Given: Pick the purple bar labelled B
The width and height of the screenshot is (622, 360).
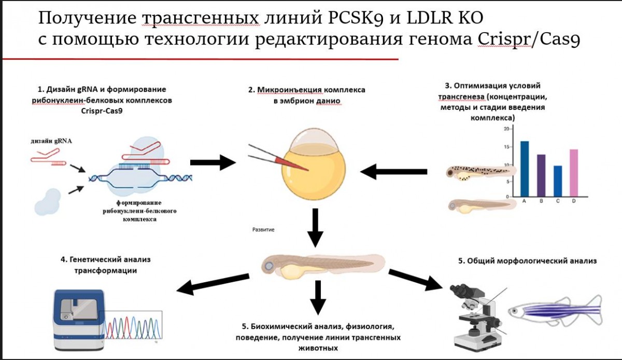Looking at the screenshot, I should point(541,175).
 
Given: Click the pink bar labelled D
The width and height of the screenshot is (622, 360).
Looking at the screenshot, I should point(573,173).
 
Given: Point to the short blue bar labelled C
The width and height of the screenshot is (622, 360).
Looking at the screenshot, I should point(558,181).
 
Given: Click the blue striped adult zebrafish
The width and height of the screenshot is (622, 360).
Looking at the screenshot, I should point(555,311).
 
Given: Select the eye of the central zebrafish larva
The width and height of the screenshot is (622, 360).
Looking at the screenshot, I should point(269,267).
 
